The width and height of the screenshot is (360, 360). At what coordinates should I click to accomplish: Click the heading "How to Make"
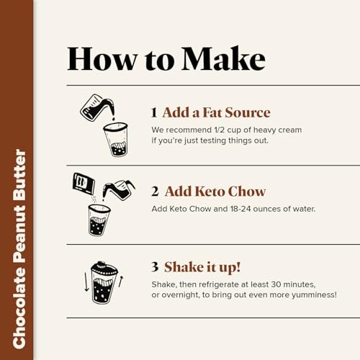(x=166, y=58)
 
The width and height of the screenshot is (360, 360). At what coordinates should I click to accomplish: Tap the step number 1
(x=154, y=112)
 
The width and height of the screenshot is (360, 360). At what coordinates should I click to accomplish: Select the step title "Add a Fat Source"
(x=216, y=112)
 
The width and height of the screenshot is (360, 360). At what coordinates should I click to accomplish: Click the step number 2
(x=155, y=192)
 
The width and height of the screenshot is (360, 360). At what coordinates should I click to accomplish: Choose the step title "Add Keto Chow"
(x=215, y=192)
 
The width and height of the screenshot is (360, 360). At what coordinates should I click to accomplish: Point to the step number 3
(x=155, y=266)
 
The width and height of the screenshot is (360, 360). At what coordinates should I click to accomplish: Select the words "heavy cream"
(x=279, y=130)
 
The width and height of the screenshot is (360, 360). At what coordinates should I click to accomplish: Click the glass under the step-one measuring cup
(x=114, y=139)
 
